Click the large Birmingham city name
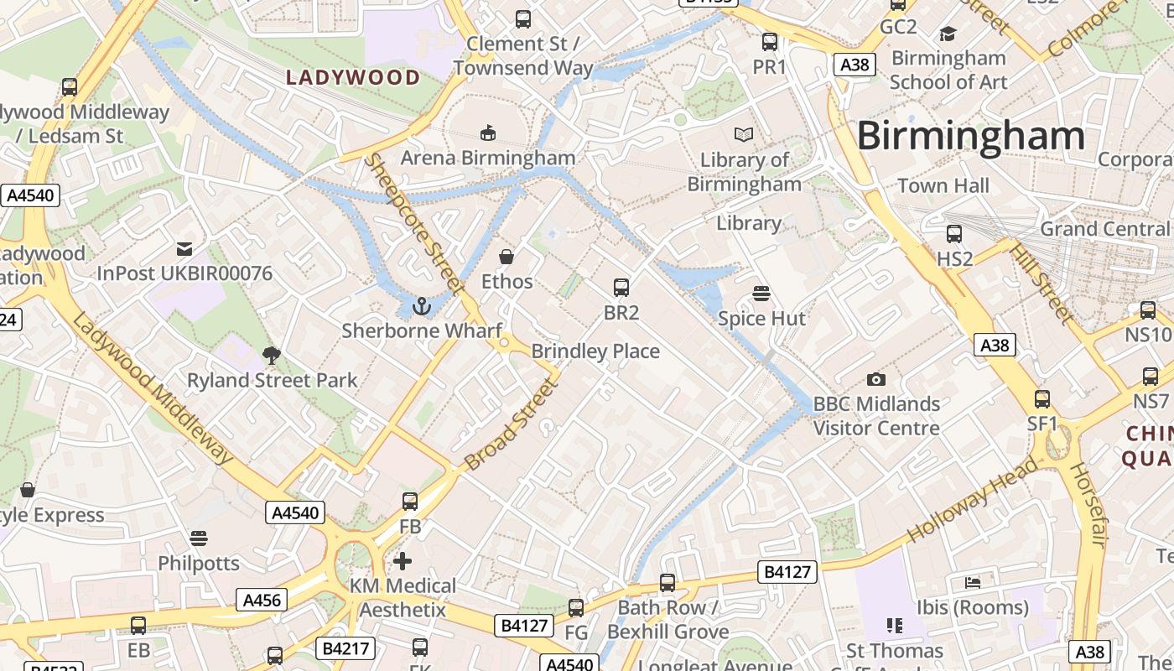pyautogui.click(x=970, y=136)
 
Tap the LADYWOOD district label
pyautogui.click(x=353, y=78)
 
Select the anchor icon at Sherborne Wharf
pyautogui.click(x=422, y=306)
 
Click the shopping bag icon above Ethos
pyautogui.click(x=506, y=257)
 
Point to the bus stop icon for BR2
pyautogui.click(x=621, y=288)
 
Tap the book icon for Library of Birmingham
pyautogui.click(x=743, y=134)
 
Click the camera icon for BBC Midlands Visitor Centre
pyautogui.click(x=876, y=379)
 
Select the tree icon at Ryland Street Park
pyautogui.click(x=271, y=356)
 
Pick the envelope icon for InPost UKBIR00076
pyautogui.click(x=184, y=248)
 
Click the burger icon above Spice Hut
pyautogui.click(x=761, y=294)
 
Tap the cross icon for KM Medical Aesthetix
pyautogui.click(x=403, y=560)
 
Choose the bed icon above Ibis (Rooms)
pyautogui.click(x=973, y=582)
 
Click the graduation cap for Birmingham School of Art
pyautogui.click(x=948, y=34)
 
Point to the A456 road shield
pyautogui.click(x=262, y=600)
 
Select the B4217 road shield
pyautogui.click(x=345, y=648)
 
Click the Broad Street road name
pyautogui.click(x=510, y=425)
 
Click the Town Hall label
pyautogui.click(x=943, y=185)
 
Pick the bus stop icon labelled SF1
pyautogui.click(x=1042, y=399)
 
